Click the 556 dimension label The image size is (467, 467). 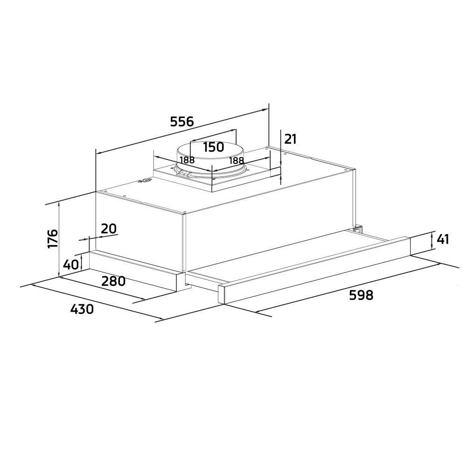pos(181,121)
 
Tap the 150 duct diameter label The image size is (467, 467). pos(213,147)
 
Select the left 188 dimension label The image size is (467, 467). pos(187,160)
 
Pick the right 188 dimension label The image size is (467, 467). pos(237,161)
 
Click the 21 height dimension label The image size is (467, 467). pos(290,139)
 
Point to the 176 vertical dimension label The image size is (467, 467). pos(53,238)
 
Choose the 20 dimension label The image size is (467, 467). pos(109,229)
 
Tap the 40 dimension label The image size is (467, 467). pos(71,264)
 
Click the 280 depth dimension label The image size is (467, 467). pos(113,281)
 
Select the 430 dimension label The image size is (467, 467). pos(82,309)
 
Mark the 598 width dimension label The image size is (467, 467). pos(361,295)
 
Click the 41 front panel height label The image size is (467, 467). pos(443,239)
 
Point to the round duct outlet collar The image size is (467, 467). pos(211,161)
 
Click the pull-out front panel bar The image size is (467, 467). pos(314,270)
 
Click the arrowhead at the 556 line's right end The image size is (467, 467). pos(264,110)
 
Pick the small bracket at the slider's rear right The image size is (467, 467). pos(357,229)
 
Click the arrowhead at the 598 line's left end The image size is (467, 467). pos(258,312)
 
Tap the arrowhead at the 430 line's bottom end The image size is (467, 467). pos(160,320)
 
